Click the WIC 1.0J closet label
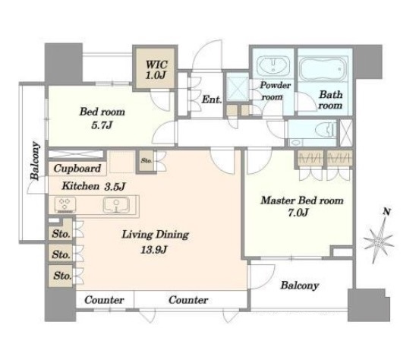(x=156, y=70)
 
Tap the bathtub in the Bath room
(x=323, y=68)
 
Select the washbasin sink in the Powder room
(x=273, y=66)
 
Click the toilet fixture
(x=326, y=130)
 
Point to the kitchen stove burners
(x=65, y=205)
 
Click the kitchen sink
(x=116, y=205)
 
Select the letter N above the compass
(x=386, y=212)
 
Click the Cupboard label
(x=77, y=169)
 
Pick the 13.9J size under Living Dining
(x=154, y=250)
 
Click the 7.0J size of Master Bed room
(x=298, y=213)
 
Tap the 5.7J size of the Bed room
(x=102, y=125)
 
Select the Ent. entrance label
(x=212, y=99)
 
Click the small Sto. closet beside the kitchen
(x=146, y=161)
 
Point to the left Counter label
(x=104, y=300)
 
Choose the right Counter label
(x=188, y=300)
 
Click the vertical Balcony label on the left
(x=35, y=160)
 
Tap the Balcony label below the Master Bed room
(x=300, y=286)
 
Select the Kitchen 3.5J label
(x=93, y=186)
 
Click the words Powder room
(x=275, y=91)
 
